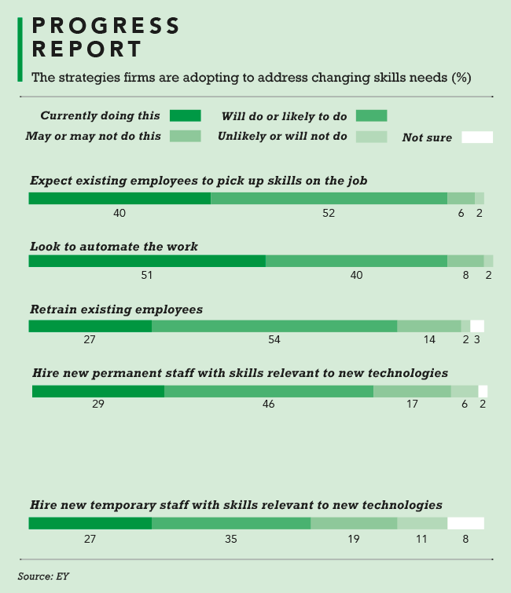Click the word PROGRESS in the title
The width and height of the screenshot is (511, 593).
[x=106, y=26]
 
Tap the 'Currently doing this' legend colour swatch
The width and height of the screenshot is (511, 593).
[x=186, y=116]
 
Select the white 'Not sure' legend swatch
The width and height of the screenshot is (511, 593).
[x=476, y=137]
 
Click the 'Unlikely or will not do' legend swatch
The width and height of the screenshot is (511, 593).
[x=371, y=137]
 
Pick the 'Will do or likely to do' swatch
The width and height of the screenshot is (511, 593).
[x=371, y=116]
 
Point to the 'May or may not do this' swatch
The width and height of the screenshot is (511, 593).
[x=186, y=136]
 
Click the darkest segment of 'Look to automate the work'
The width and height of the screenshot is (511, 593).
[x=147, y=261]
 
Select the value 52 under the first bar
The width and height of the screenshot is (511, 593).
[x=329, y=213]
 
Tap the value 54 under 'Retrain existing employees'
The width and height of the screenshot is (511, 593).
[x=274, y=339]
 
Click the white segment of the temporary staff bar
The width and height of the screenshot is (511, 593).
[x=465, y=523]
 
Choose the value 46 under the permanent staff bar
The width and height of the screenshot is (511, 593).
[x=269, y=404]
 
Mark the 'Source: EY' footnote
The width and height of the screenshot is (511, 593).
[x=44, y=576]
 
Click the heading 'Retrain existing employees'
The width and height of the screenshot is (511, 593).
[x=116, y=309]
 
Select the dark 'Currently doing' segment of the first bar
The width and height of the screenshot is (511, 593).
[x=119, y=198]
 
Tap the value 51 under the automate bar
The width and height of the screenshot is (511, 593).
[x=146, y=276]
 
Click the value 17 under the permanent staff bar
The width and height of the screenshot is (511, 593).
[x=411, y=404]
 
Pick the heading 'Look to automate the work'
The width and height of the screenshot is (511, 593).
[x=114, y=247]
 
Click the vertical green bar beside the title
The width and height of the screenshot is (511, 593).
[x=20, y=49]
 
